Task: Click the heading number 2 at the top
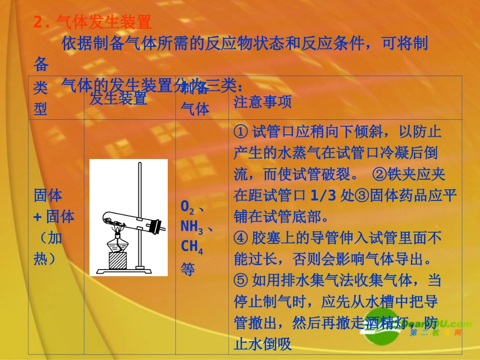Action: pyautogui.click(x=38, y=22)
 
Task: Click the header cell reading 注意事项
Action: pyautogui.click(x=263, y=102)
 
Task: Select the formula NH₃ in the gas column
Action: pyautogui.click(x=192, y=227)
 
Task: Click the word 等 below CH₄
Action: pyautogui.click(x=187, y=269)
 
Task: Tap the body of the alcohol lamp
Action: pyautogui.click(x=118, y=245)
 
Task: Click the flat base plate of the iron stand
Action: pyautogui.click(x=129, y=272)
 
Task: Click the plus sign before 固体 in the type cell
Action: pyautogui.click(x=37, y=217)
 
